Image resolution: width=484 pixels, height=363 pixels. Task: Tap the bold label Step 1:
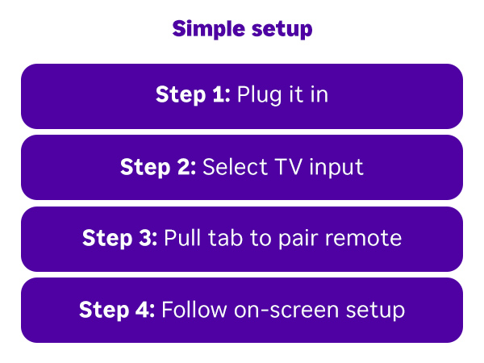(193, 96)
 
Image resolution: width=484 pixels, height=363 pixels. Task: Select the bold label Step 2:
(158, 168)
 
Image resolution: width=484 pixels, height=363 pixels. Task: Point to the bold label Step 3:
(120, 239)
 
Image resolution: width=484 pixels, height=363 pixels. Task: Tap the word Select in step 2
(229, 168)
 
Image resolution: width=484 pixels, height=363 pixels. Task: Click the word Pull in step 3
(181, 239)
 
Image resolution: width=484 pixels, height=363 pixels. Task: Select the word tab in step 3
(219, 239)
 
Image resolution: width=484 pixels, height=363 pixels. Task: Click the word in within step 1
(319, 96)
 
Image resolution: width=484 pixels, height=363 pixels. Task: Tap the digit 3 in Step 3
(148, 239)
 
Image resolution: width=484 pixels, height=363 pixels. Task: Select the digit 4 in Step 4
(145, 310)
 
